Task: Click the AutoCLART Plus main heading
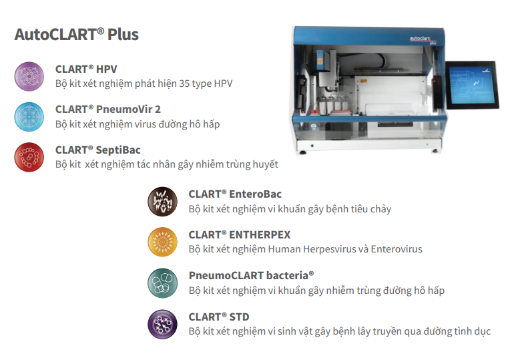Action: click(x=76, y=35)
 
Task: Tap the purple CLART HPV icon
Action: click(x=29, y=76)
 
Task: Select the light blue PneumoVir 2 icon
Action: click(x=29, y=117)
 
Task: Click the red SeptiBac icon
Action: click(x=29, y=157)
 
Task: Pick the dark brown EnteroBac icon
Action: click(x=163, y=202)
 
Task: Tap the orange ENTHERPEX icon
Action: click(x=163, y=242)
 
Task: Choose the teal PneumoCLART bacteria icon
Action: click(x=163, y=283)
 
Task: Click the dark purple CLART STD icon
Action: click(x=163, y=325)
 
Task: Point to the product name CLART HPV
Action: click(x=86, y=69)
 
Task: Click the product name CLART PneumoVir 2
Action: click(x=108, y=110)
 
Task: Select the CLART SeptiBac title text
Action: click(x=98, y=150)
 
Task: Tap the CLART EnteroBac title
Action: click(x=235, y=194)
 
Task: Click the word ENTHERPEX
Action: click(x=260, y=235)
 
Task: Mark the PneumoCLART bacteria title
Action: click(x=252, y=275)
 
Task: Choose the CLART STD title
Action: click(x=219, y=317)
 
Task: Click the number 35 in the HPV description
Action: click(x=184, y=83)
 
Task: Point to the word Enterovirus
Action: click(x=397, y=249)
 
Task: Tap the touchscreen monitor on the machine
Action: click(x=472, y=85)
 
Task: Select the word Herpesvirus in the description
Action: click(x=329, y=250)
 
